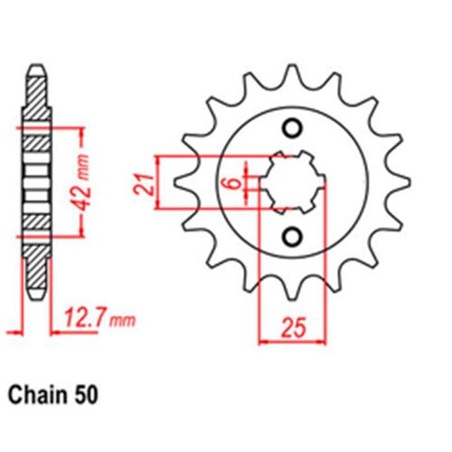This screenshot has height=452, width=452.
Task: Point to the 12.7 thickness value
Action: [89, 318]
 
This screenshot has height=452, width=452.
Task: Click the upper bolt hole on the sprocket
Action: [291, 127]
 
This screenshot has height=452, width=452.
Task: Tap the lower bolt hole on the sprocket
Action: [291, 237]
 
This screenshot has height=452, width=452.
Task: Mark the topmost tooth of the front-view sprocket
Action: [291, 72]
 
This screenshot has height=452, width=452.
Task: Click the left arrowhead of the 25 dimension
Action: [263, 341]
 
